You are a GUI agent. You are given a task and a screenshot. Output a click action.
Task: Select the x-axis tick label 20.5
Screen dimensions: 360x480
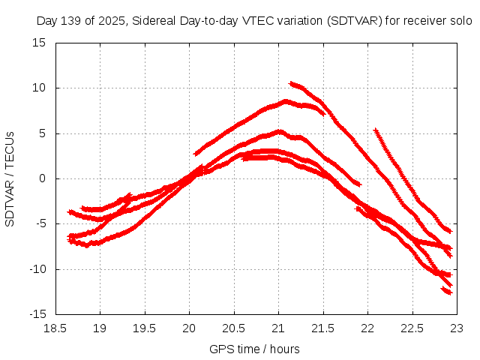[x=234, y=328]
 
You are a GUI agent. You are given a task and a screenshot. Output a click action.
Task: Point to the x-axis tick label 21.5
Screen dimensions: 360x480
[x=323, y=328]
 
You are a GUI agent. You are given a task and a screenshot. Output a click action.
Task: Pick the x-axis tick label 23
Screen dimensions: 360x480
[x=457, y=328]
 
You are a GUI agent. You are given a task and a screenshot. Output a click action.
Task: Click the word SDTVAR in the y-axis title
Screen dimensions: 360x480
[x=10, y=199]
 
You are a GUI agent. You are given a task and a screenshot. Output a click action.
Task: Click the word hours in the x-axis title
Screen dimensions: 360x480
[x=285, y=349]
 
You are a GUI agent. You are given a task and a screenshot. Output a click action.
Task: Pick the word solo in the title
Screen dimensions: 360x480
[x=460, y=21]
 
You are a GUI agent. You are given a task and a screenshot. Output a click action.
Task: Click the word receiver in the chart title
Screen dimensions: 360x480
[x=426, y=21]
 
